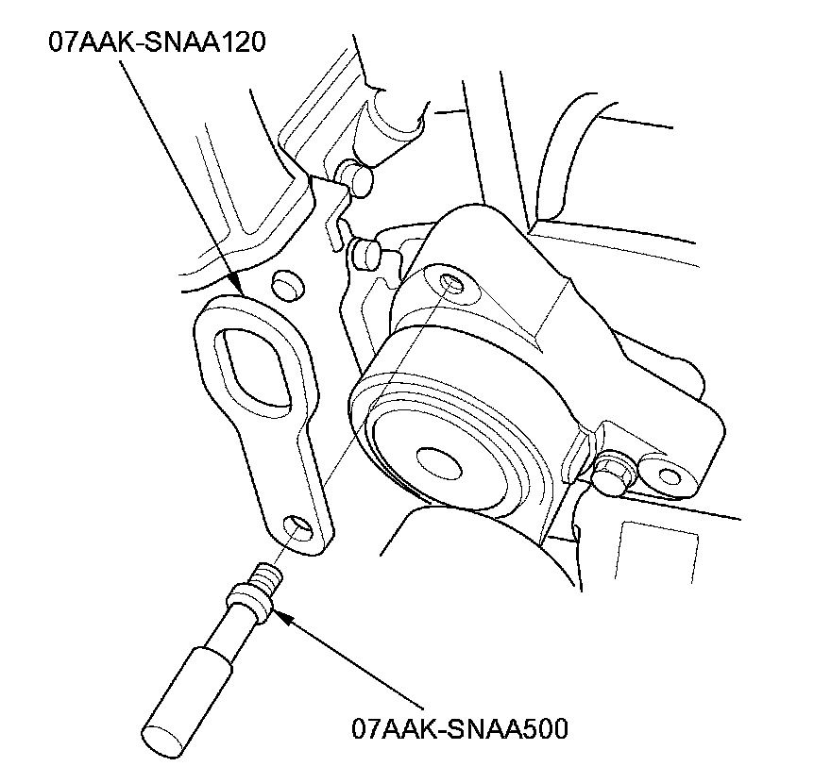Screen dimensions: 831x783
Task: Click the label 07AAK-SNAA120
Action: coord(156,42)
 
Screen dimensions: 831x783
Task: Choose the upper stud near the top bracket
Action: coord(358,176)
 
